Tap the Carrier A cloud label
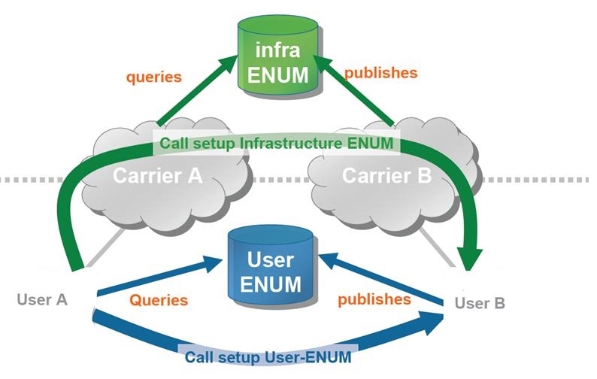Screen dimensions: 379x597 point(158,177)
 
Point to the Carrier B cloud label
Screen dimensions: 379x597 point(386,177)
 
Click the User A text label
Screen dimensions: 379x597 point(42,299)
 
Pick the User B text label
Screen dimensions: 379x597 point(480,303)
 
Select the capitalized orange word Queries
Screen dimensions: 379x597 point(158,300)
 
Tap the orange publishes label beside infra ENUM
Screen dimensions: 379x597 point(380,73)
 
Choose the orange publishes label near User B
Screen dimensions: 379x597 point(374,299)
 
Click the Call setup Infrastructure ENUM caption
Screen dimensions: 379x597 point(277,143)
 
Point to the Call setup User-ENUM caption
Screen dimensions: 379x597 point(268,357)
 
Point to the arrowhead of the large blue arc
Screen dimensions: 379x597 point(434,321)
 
